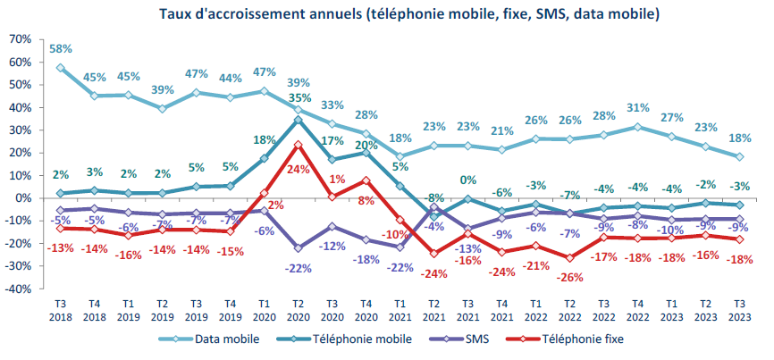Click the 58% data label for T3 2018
click(x=61, y=48)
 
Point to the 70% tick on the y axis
click(x=20, y=40)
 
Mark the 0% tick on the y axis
click(x=24, y=198)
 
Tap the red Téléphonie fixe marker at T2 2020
click(x=297, y=144)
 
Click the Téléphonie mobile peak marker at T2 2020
click(x=297, y=119)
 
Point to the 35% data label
click(x=299, y=98)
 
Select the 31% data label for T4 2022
click(x=636, y=108)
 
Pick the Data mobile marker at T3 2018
click(x=60, y=67)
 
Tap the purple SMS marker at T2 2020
click(x=297, y=247)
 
